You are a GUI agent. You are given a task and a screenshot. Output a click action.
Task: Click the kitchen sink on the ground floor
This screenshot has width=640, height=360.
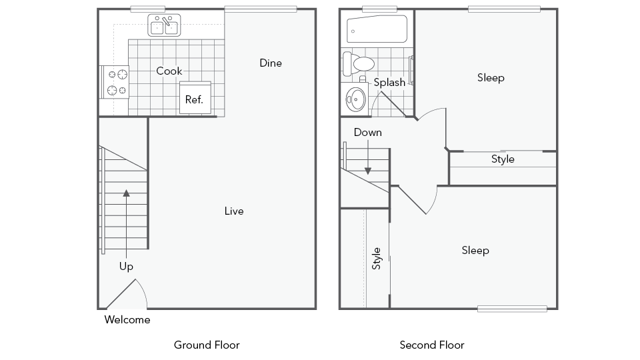pyautogui.click(x=164, y=25)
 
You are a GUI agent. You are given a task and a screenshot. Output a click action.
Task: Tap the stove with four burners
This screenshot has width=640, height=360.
pyautogui.click(x=116, y=82)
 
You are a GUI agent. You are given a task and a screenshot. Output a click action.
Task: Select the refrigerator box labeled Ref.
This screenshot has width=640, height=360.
pyautogui.click(x=195, y=98)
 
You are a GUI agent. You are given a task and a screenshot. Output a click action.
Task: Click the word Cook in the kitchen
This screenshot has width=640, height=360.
pyautogui.click(x=169, y=71)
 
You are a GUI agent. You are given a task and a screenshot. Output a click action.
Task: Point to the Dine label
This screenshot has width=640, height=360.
pyautogui.click(x=271, y=63)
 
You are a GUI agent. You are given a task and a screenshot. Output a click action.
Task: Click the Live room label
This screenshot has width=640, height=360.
pyautogui.click(x=234, y=211)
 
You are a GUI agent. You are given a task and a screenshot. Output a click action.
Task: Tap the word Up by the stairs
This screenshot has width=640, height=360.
pyautogui.click(x=126, y=267)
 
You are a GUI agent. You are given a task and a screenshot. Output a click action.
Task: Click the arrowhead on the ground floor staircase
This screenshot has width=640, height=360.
pyautogui.click(x=127, y=193)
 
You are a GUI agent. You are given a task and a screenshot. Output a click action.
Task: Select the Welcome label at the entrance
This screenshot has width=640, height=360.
pyautogui.click(x=127, y=320)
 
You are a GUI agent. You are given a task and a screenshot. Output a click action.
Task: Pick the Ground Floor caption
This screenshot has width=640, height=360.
pyautogui.click(x=207, y=345)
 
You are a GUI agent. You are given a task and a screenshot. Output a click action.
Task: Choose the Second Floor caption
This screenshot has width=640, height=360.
pyautogui.click(x=432, y=345)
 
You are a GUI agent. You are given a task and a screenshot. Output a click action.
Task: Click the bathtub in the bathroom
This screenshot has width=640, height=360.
pyautogui.click(x=377, y=29)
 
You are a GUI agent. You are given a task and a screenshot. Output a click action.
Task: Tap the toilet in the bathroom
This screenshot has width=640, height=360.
pyautogui.click(x=359, y=64)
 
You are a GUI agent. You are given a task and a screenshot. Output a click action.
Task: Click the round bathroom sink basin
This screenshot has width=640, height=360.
pyautogui.click(x=355, y=98)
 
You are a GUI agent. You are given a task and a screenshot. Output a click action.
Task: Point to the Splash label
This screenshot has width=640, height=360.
pyautogui.click(x=389, y=82)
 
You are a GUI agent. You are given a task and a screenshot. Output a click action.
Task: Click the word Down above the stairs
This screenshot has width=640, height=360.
pyautogui.click(x=368, y=132)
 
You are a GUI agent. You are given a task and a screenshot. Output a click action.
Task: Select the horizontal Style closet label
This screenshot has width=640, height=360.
pyautogui.click(x=502, y=159)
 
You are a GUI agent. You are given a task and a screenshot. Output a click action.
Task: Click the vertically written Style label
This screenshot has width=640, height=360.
pyautogui.click(x=376, y=258)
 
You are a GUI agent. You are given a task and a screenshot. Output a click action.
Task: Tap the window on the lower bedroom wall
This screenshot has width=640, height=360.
pyautogui.click(x=512, y=309)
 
